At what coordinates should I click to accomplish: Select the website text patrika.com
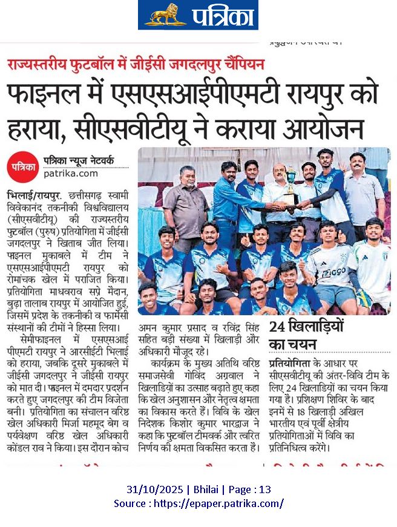click(x=71, y=173)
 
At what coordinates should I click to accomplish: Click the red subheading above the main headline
click(x=136, y=62)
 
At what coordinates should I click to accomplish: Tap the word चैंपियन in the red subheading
click(x=241, y=62)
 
